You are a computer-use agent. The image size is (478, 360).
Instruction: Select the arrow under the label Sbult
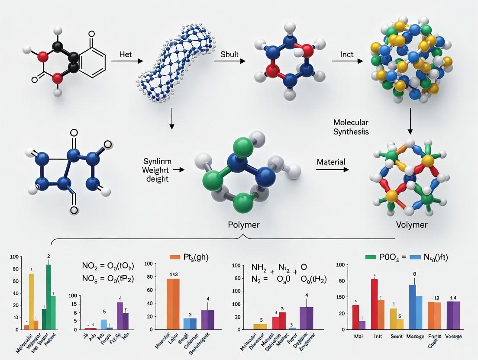pos(229,61)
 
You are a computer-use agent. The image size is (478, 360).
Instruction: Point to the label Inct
pos(347,55)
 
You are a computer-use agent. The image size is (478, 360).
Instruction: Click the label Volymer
pos(411,225)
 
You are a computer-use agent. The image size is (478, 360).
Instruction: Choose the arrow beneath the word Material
pos(332,170)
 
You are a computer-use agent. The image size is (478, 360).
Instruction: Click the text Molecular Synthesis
pos(351,127)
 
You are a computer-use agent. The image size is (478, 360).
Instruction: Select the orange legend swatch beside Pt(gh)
pos(174,257)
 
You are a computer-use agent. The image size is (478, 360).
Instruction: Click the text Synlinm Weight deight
pos(157,170)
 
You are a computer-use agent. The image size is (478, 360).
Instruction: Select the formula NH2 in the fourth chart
pos(259,267)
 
